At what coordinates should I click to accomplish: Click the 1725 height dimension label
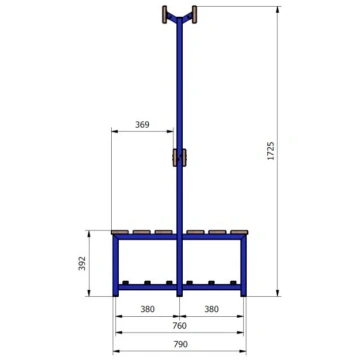271,151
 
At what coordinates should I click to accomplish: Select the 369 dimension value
142,125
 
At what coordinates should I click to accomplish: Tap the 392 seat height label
82,263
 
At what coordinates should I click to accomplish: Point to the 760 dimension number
180,326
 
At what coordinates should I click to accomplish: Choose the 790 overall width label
180,344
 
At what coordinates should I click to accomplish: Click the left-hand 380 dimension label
147,309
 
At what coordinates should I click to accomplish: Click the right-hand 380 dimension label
212,309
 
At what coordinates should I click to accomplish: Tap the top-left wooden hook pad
164,14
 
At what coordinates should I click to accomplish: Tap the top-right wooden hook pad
194,14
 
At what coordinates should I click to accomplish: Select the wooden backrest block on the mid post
179,157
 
